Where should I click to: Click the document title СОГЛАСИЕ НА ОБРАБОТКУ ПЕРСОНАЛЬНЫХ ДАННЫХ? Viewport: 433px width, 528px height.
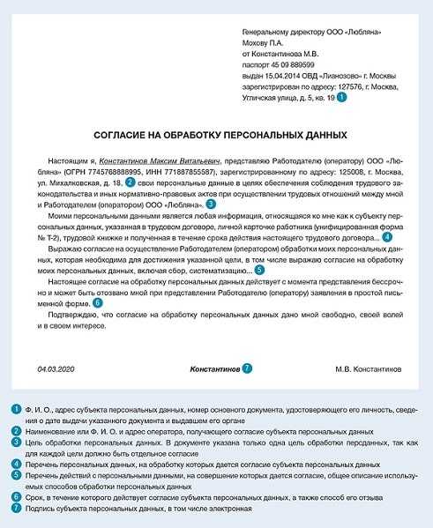click(x=216, y=135)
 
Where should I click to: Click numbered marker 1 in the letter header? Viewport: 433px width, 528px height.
click(x=342, y=99)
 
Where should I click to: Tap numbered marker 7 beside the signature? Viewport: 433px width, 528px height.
click(x=248, y=366)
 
